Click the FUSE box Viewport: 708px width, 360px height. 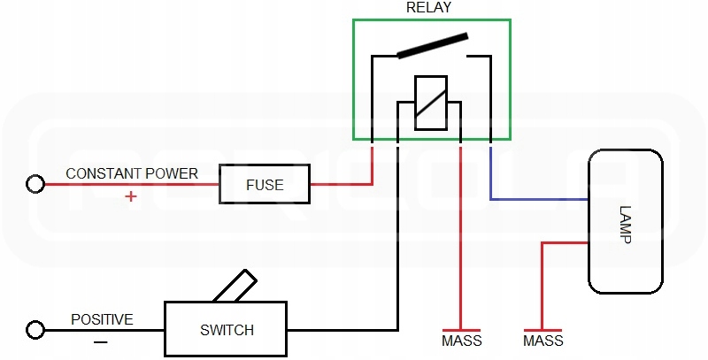pos(265,185)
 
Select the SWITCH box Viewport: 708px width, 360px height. pos(227,330)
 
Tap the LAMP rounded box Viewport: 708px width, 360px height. pos(625,221)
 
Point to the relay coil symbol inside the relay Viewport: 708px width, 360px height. pos(431,103)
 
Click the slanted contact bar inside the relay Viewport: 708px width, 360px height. pos(432,46)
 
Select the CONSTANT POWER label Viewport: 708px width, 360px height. pos(132,173)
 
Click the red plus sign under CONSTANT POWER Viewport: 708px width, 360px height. pos(131,196)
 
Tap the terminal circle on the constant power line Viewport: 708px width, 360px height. pos(35,184)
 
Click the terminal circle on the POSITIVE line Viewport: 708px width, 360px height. pos(35,330)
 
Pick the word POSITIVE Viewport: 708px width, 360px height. pos(102,318)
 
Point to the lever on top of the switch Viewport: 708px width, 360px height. pos(234,287)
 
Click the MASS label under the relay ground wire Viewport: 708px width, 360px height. pos(460,341)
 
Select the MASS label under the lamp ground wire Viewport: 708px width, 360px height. pos(543,341)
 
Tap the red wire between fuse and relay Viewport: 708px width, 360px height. pos(341,184)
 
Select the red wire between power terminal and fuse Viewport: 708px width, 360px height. pos(133,184)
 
